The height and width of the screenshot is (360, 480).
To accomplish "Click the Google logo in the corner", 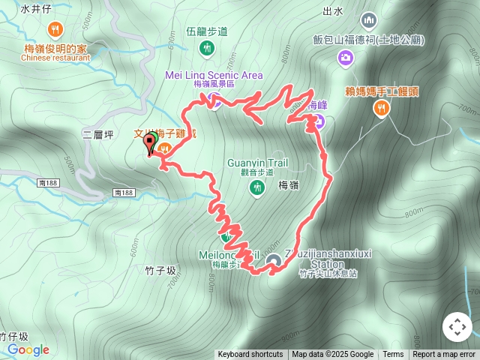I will click(x=28, y=349).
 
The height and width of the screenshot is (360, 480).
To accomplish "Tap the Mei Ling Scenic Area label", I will click(x=214, y=75).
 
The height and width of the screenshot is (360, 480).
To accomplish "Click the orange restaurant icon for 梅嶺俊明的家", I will click(x=55, y=30).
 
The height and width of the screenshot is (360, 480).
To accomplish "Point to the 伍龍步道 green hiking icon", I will click(x=207, y=49).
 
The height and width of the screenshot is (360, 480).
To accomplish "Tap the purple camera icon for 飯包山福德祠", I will click(x=346, y=56).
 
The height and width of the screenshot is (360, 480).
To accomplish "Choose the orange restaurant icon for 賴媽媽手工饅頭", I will click(x=382, y=109).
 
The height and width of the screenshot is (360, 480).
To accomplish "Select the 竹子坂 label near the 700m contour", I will click(x=160, y=270).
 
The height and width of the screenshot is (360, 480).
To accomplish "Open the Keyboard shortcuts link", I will click(x=250, y=355).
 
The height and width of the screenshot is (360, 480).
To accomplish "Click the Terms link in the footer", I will click(x=393, y=355).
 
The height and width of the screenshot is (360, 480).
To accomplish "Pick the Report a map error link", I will click(x=444, y=355).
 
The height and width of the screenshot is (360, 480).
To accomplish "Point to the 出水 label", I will click(x=332, y=10).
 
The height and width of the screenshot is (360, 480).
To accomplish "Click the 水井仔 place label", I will click(x=34, y=10).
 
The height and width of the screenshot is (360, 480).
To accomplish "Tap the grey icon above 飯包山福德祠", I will click(x=368, y=20).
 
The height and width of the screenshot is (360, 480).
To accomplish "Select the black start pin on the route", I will click(x=149, y=143).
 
